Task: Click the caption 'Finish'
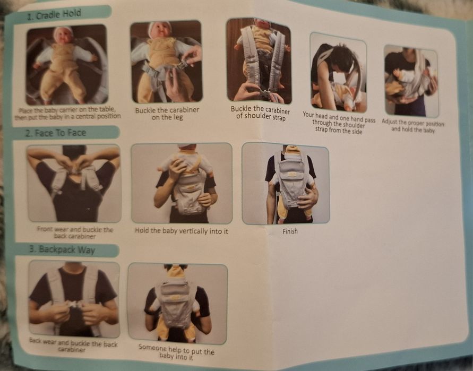point(290,231)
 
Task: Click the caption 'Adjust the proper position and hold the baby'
point(412,126)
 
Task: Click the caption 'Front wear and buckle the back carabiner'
point(75,233)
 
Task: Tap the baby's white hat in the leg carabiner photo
point(161,26)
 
